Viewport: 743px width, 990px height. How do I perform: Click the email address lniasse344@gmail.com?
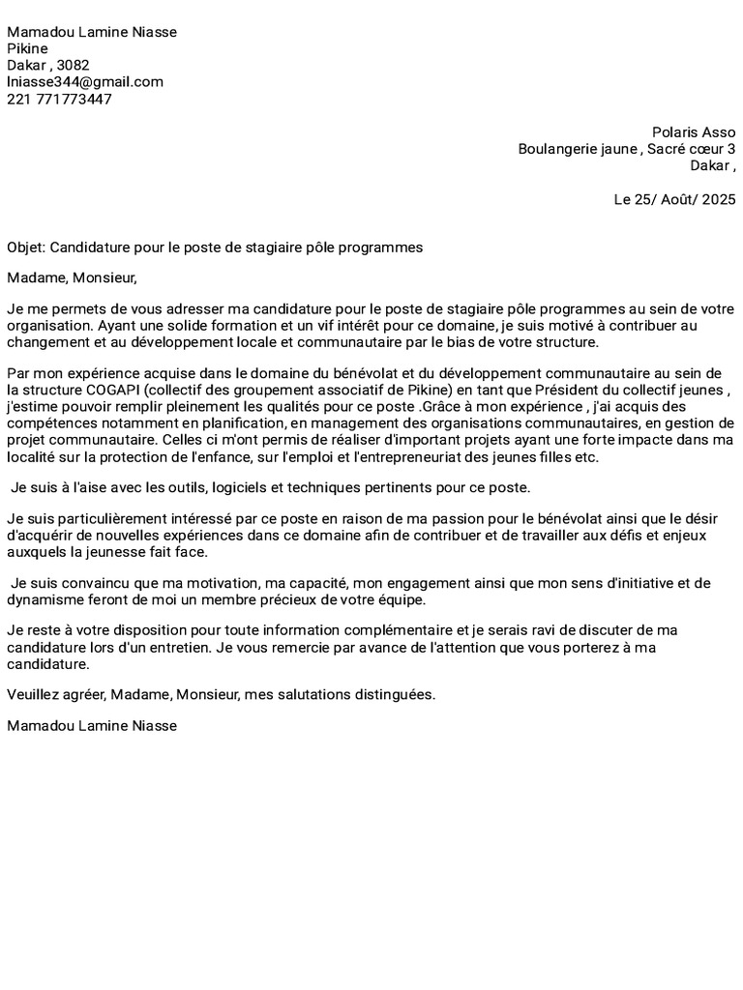coord(85,82)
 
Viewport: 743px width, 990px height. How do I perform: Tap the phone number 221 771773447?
coord(59,100)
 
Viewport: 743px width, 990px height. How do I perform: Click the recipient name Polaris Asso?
coord(694,132)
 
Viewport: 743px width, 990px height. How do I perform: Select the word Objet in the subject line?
coord(25,247)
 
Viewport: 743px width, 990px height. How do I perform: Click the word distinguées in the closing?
coord(383,695)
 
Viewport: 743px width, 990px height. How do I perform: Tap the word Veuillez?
coord(34,695)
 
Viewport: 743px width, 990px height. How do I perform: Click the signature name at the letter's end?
coord(92,725)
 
